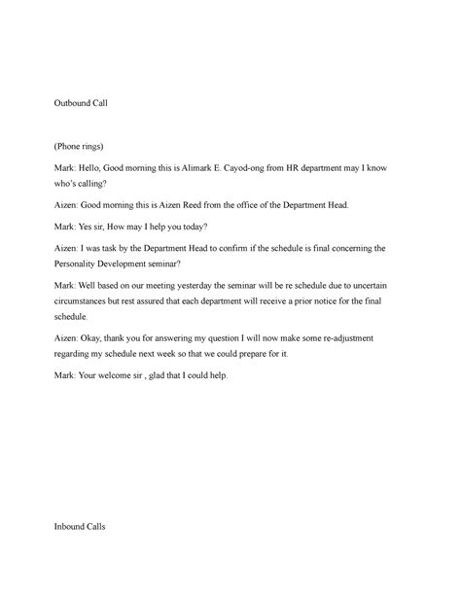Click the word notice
click(318, 300)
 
